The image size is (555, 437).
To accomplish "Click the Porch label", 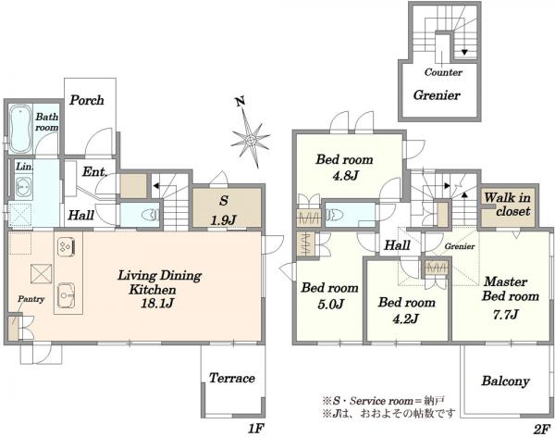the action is click(x=87, y=100).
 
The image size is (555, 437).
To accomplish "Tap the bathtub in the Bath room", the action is click(x=20, y=129).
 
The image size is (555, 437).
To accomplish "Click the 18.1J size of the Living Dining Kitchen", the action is click(x=157, y=304).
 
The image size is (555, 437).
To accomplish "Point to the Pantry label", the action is click(x=31, y=299).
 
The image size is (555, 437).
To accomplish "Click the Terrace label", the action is click(x=232, y=378).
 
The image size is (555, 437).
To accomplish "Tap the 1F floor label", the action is click(x=256, y=429).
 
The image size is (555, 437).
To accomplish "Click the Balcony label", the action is click(x=505, y=381).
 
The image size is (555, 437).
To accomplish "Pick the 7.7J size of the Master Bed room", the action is click(x=506, y=315).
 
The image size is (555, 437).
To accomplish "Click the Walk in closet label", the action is click(x=508, y=204).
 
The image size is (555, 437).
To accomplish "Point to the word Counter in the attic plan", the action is click(x=443, y=72).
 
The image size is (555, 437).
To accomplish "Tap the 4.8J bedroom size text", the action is click(x=345, y=175).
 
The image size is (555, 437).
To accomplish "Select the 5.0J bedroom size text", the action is click(x=331, y=304).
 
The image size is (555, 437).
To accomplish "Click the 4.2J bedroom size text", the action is click(x=406, y=318).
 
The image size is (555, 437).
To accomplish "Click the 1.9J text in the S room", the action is click(x=223, y=220).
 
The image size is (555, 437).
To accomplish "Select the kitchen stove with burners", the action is click(x=66, y=246).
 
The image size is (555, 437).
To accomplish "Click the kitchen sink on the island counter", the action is click(x=67, y=294).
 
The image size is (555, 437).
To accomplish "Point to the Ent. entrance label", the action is click(x=94, y=172).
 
